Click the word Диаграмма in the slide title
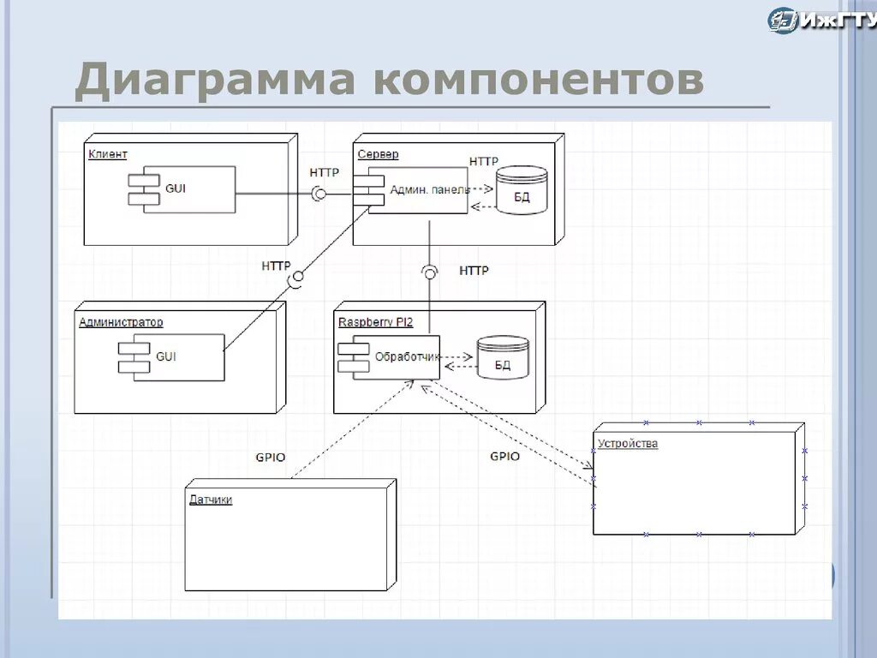tap(214, 81)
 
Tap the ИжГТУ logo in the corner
tap(820, 20)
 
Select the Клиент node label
tap(108, 154)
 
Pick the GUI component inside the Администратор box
tap(172, 356)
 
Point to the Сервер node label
tap(378, 154)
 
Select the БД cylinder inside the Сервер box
tap(522, 191)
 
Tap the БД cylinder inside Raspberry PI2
tap(503, 358)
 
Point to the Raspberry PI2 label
tap(375, 322)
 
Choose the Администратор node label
tap(121, 322)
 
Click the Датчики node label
tap(211, 499)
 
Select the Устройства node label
tap(628, 444)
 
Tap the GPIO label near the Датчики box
tap(271, 457)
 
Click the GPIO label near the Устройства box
tap(504, 457)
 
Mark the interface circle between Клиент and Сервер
tap(319, 194)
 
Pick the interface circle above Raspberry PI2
tap(430, 272)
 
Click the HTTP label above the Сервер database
tap(483, 161)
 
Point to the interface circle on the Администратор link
tap(296, 278)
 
